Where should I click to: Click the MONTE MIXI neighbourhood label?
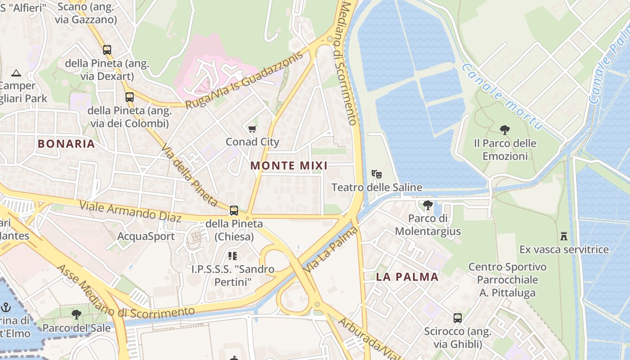[288, 166]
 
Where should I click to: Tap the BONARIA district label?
[66, 144]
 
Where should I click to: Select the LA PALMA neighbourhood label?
[407, 277]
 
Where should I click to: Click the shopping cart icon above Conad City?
[252, 129]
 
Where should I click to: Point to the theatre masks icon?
[377, 174]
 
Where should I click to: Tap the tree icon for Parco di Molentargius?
[427, 205]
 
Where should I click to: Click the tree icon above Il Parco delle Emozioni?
[504, 130]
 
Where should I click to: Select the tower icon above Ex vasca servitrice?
[563, 236]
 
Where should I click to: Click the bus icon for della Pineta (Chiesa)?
[234, 210]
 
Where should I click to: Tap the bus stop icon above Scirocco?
[457, 318]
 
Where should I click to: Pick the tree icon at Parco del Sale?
[76, 314]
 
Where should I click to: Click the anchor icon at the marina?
[6, 308]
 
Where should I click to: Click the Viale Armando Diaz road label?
[130, 211]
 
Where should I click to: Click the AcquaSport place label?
[146, 236]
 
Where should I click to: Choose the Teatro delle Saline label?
[377, 187]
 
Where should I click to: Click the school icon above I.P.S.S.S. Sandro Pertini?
[232, 256]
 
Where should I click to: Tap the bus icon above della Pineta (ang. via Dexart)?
[107, 50]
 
